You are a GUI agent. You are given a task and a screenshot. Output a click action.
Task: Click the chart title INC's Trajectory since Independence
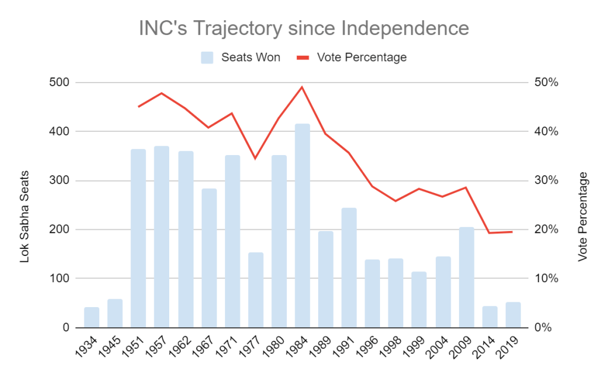tap(303, 29)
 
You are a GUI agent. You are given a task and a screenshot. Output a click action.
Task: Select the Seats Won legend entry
tap(240, 58)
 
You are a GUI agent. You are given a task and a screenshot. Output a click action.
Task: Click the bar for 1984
tap(302, 226)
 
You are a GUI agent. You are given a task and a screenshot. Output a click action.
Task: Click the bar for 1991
tap(349, 268)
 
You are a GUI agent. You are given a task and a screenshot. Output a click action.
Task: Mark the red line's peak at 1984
tap(302, 87)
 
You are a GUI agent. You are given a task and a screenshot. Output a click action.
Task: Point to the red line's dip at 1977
tap(255, 158)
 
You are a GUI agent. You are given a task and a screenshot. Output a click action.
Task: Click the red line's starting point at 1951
tap(138, 106)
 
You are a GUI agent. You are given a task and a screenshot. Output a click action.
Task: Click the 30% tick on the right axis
tap(544, 181)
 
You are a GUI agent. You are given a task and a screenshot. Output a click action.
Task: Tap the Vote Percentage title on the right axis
tap(583, 217)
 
